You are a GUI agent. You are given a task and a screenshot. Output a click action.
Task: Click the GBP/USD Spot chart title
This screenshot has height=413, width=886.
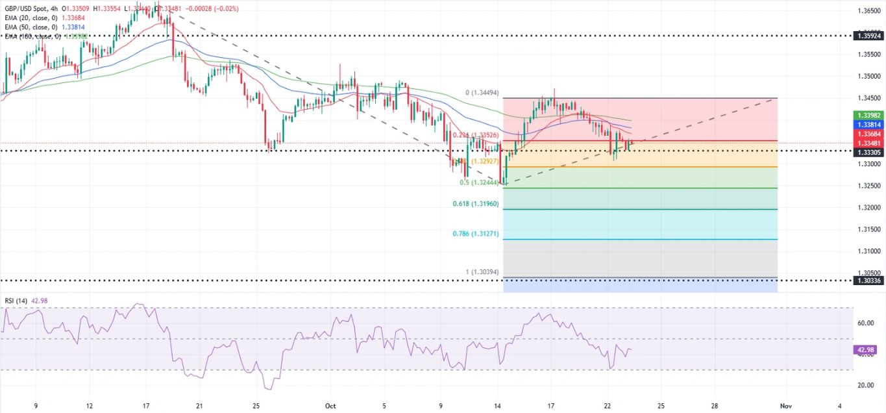coord(26,8)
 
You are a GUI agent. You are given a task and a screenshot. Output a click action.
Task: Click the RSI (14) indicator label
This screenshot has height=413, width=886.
coord(16,301)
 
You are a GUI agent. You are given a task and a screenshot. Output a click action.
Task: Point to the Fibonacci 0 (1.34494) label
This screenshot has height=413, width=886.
coord(482,93)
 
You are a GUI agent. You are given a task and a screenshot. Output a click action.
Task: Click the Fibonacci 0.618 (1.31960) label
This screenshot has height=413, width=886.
coord(476,204)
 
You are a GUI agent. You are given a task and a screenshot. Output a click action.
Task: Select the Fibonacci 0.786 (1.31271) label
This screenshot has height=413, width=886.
coord(476,234)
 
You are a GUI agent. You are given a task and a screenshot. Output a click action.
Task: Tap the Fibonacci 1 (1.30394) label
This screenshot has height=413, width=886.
coord(480,272)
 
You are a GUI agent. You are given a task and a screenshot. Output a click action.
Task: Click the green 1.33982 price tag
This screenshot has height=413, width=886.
coord(868,115)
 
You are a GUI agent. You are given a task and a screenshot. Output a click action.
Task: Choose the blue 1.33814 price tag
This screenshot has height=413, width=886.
coord(868,125)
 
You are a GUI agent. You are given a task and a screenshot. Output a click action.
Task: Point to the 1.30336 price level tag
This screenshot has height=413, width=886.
coord(868,281)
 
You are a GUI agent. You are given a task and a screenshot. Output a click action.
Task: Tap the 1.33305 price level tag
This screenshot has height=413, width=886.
coord(868,152)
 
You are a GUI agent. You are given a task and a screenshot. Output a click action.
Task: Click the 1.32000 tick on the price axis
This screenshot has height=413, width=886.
coord(868,207)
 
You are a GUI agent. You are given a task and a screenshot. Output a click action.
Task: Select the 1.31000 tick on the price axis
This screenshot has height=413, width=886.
coord(868,251)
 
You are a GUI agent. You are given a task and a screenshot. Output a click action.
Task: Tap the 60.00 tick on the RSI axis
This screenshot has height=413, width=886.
coord(866,323)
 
